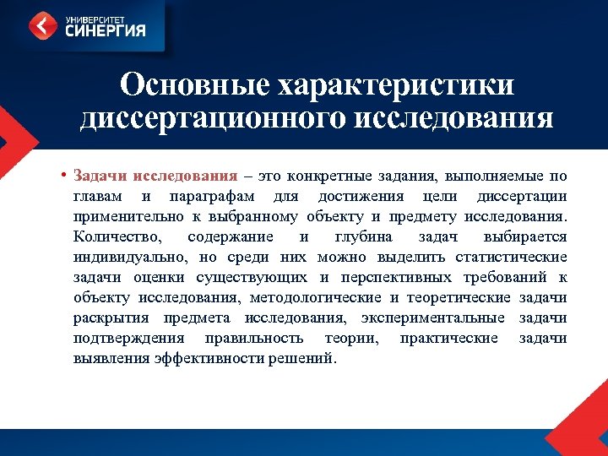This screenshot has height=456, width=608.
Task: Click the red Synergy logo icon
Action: point(42,25)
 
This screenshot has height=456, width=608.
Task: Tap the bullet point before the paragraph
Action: point(64,176)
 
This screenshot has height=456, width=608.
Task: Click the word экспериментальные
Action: point(433,318)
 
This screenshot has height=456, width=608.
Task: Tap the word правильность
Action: point(253,338)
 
